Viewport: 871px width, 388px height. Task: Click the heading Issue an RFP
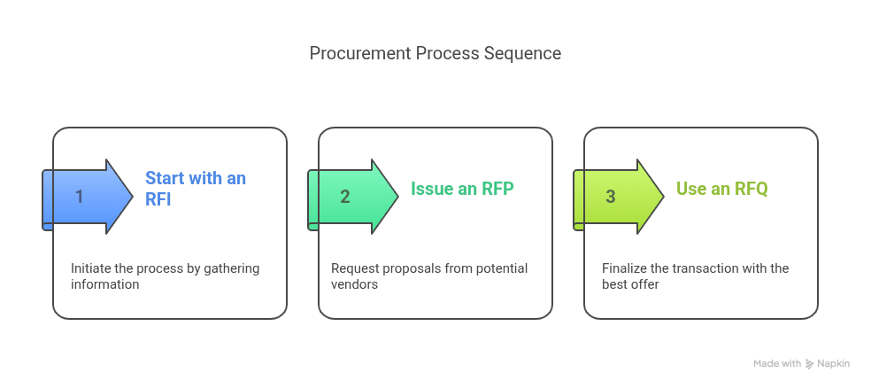(462, 189)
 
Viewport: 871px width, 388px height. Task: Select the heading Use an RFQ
(722, 189)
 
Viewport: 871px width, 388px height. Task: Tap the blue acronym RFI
(158, 199)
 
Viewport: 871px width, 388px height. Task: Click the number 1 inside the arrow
(80, 197)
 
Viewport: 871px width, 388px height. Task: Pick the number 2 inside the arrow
(345, 197)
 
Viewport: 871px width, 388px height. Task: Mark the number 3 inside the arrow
(611, 197)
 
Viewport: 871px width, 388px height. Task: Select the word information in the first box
(104, 284)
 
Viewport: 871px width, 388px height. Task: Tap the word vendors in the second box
(354, 284)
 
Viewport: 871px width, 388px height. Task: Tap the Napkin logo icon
(810, 364)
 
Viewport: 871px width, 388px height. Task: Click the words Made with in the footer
(777, 363)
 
